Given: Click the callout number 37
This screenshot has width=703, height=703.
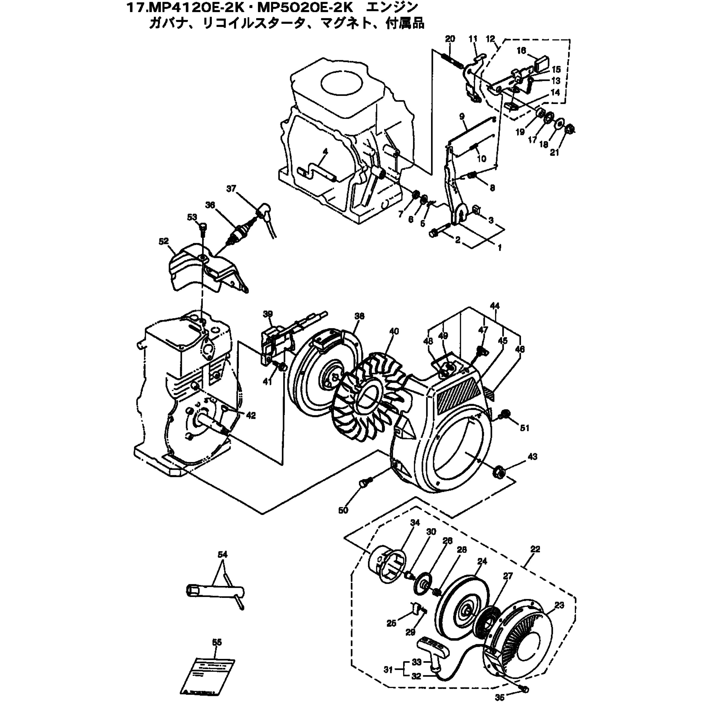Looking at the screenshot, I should pyautogui.click(x=231, y=189).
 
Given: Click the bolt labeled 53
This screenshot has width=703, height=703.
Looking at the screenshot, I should pyautogui.click(x=203, y=228).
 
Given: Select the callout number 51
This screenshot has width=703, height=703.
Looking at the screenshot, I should pyautogui.click(x=524, y=428).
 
